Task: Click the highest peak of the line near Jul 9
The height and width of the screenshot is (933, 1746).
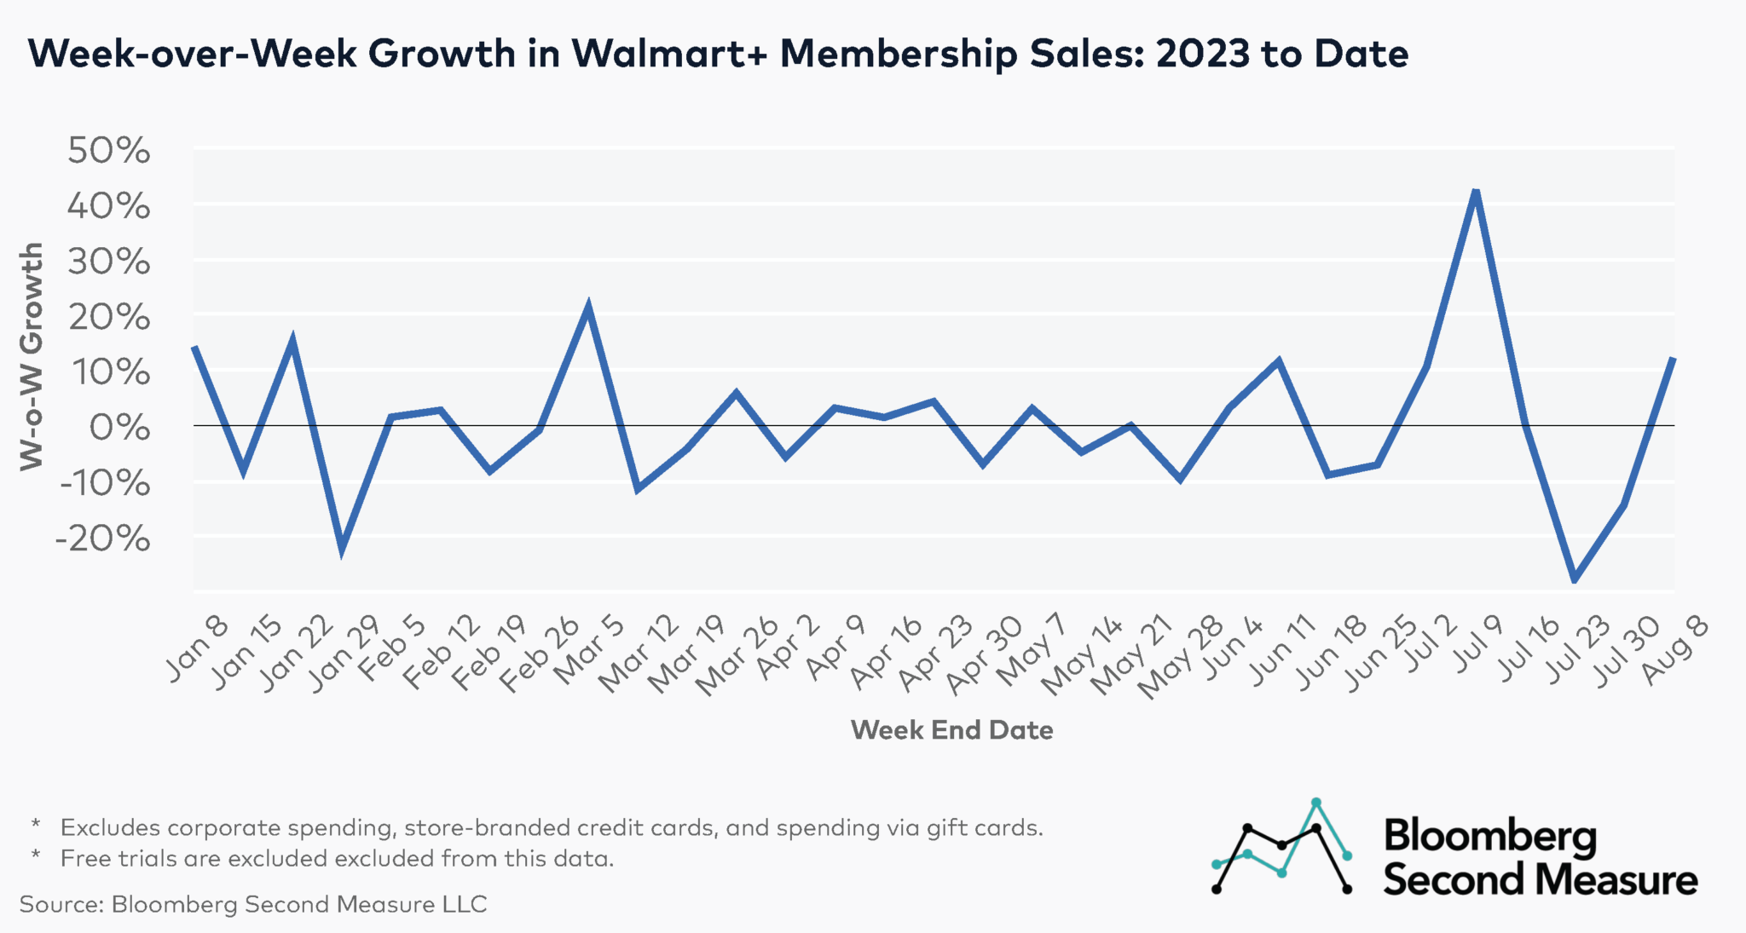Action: [x=1476, y=191]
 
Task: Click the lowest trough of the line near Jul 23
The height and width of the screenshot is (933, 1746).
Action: [x=1574, y=579]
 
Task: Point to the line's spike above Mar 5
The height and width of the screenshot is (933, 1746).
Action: [x=587, y=307]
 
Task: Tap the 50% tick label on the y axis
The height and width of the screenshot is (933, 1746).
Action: [x=108, y=151]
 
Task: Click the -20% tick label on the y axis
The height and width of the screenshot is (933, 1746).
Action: [x=102, y=538]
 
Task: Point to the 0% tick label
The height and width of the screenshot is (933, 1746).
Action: [x=119, y=427]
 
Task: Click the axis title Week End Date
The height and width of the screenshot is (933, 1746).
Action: [x=951, y=730]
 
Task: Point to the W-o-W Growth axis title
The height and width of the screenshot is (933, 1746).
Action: [x=32, y=355]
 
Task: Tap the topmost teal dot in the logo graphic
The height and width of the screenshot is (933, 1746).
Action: [x=1316, y=803]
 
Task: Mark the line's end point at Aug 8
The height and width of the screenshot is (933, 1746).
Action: [x=1673, y=359]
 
